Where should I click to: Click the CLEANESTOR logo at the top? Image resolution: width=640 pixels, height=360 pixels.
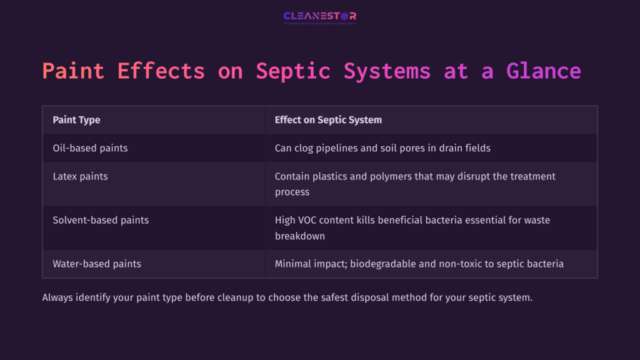tap(319, 17)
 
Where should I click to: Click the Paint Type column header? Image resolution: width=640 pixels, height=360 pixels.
tap(76, 120)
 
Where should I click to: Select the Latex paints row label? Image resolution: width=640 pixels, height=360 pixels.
tap(80, 176)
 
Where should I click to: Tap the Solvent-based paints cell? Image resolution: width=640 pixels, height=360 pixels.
tap(101, 220)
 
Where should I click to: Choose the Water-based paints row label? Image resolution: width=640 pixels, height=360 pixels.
tap(97, 264)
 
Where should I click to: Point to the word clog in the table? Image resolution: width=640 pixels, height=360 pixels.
tap(306, 148)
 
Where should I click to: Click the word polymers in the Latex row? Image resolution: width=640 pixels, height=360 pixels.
tap(401, 176)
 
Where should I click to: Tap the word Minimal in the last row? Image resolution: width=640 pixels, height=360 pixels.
tap(294, 264)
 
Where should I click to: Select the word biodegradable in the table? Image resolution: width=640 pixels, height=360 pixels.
tap(382, 264)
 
